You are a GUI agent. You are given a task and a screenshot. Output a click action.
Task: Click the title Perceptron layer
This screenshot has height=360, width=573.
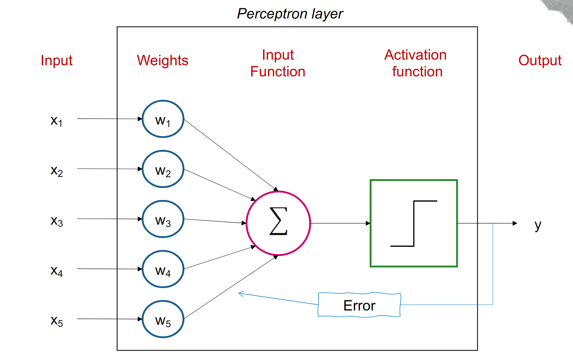coord(290,14)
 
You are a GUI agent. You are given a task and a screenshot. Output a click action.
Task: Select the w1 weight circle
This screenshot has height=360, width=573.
coord(163,119)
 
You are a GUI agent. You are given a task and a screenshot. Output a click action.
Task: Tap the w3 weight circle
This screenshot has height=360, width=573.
coord(163,219)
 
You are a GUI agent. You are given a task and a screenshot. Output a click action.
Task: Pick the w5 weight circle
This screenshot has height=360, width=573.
coord(163,319)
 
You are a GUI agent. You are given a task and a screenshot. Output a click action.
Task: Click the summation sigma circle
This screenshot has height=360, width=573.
coord(278,223)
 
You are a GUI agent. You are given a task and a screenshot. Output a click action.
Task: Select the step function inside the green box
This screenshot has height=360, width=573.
coord(414,223)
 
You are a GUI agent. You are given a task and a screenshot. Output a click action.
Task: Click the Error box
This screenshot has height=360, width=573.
coord(359,305)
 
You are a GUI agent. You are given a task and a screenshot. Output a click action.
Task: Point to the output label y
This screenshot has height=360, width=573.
coord(538,225)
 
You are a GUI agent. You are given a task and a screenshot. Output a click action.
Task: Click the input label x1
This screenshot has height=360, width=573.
coord(56,121)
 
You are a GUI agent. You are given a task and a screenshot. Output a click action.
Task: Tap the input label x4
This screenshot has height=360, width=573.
coord(56,271)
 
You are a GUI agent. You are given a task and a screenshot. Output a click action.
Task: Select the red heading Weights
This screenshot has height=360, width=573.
coord(163,61)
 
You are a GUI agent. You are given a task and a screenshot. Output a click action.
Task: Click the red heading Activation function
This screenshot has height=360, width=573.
coord(416,63)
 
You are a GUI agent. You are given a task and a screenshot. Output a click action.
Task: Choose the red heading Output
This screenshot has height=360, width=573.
coord(539,60)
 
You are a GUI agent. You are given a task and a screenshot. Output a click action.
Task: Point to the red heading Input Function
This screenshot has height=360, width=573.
coord(278,63)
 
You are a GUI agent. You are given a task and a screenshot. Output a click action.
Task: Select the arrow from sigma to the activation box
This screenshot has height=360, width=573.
coord(340,223)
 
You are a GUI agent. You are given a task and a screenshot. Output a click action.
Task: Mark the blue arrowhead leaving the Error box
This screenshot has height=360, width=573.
coord(241,294)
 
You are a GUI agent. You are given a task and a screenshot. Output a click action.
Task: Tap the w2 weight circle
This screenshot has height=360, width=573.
coord(163,169)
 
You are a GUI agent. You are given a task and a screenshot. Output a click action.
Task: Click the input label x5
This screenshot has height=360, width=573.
coord(56,321)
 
